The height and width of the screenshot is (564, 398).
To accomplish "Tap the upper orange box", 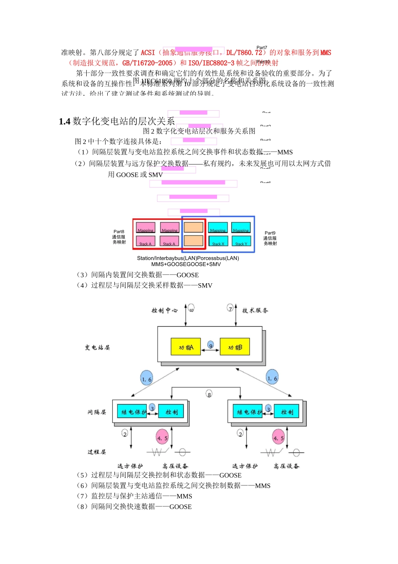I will pyautogui.click(x=194, y=227).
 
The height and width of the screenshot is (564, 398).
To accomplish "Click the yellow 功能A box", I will pyautogui.click(x=186, y=347).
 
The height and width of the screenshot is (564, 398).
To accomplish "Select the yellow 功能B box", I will pyautogui.click(x=235, y=347).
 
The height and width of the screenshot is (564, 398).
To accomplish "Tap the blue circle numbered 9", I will pyautogui.click(x=211, y=345).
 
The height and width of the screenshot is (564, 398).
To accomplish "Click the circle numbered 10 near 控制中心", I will pyautogui.click(x=191, y=308).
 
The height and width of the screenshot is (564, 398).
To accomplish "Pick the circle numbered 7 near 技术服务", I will pyautogui.click(x=230, y=308).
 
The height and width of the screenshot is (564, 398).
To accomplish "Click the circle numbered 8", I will pyautogui.click(x=209, y=394).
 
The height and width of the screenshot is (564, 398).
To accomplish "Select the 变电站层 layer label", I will pyautogui.click(x=97, y=347).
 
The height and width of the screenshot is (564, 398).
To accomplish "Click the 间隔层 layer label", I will pyautogui.click(x=97, y=412).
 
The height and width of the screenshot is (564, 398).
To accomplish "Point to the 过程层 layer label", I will pyautogui.click(x=97, y=452).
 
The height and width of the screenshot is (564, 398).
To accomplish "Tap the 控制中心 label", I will pyautogui.click(x=165, y=311).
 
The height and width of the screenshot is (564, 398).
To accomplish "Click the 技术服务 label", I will pyautogui.click(x=255, y=311).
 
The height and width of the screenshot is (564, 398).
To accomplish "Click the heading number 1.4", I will pyautogui.click(x=65, y=122).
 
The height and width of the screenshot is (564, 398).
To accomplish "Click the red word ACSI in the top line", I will pyautogui.click(x=148, y=53).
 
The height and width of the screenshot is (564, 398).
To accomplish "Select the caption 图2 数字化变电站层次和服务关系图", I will pyautogui.click(x=199, y=131).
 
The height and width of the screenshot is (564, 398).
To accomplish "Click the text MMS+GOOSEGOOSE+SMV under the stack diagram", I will pyautogui.click(x=186, y=264).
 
